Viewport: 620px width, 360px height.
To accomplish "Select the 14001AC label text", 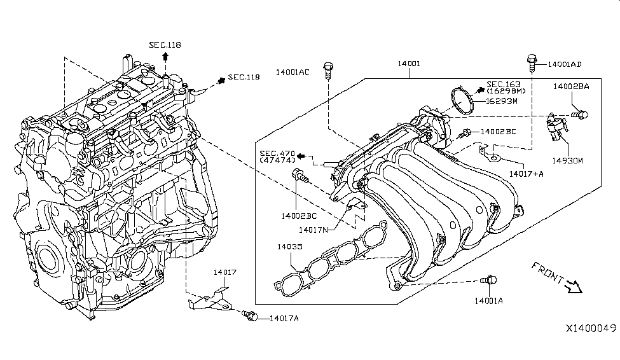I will point(292,73).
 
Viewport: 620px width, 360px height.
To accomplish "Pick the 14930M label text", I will point(567,161).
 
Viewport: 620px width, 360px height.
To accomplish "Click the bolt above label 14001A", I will point(489,279).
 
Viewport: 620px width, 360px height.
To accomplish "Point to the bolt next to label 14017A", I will point(250,315).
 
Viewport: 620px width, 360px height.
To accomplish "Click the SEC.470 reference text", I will point(276,153).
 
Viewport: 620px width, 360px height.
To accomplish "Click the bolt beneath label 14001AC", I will point(327,69).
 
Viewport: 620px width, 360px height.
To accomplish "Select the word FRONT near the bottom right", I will point(546,272).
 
